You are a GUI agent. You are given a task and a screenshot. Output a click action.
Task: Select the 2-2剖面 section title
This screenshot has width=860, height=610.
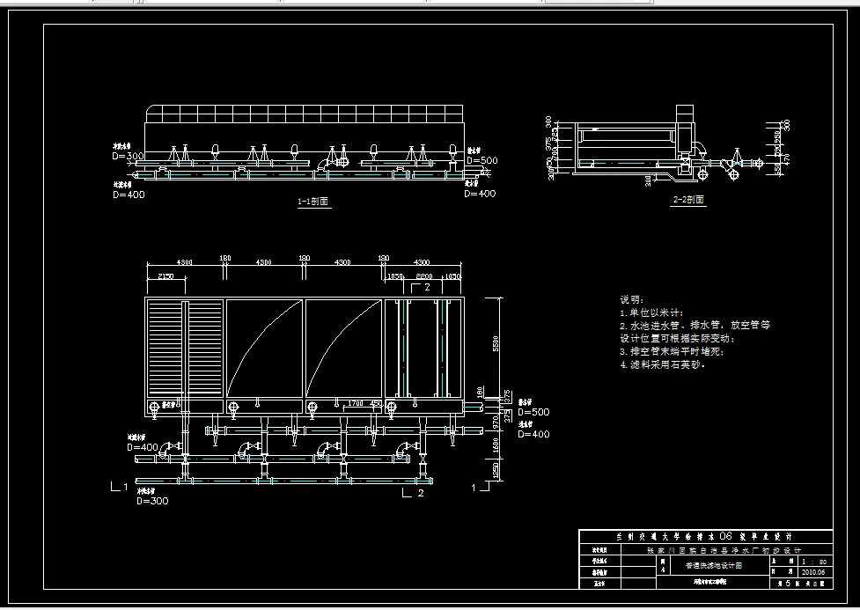[688, 200]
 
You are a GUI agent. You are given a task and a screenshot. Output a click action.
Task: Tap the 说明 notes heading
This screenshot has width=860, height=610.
[632, 300]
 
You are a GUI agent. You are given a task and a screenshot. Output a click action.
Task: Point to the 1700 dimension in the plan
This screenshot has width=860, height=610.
[355, 402]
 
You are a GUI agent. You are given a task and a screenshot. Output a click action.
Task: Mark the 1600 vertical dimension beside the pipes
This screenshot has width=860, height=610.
[496, 447]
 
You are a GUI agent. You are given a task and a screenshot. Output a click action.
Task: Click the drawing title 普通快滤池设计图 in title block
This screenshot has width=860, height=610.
[713, 566]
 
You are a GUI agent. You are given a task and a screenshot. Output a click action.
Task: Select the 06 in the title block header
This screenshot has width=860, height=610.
[726, 535]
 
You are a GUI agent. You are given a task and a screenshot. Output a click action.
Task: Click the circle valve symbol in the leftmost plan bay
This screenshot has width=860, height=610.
[156, 407]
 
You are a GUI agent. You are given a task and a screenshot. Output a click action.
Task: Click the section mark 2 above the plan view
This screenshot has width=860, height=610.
[426, 287]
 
